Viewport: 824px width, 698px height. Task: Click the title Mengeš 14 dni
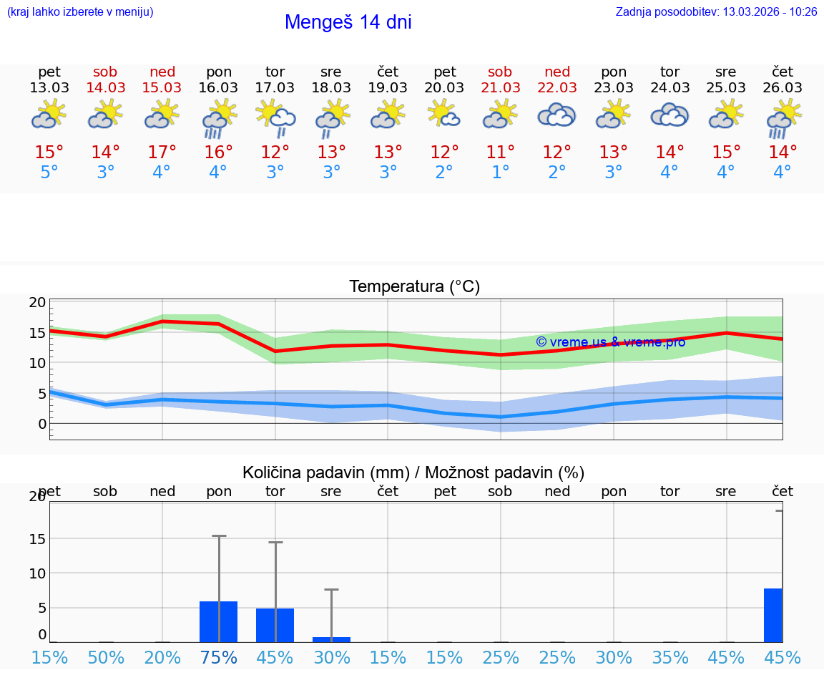tap(348, 22)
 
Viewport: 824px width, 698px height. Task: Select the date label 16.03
tap(218, 88)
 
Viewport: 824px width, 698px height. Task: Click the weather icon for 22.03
tap(556, 116)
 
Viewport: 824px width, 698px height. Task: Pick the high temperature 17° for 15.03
tap(162, 152)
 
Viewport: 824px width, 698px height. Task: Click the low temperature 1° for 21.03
tap(501, 173)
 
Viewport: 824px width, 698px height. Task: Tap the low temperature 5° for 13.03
tap(49, 173)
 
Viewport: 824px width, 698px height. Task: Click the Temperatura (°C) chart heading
tap(414, 287)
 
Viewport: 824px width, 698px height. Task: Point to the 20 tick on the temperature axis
tap(37, 302)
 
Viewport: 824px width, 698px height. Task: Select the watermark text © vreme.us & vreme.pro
tap(611, 342)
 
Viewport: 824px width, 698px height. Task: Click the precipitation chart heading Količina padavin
tap(413, 472)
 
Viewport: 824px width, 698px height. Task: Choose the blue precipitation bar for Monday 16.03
tap(218, 621)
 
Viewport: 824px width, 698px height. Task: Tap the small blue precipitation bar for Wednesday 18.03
tap(331, 639)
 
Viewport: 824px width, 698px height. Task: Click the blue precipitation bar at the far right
tap(772, 615)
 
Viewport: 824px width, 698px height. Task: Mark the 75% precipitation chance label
tap(218, 658)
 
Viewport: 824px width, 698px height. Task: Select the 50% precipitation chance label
tap(106, 658)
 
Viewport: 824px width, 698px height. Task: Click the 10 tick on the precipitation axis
tap(37, 573)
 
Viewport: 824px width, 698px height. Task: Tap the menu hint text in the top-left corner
tap(80, 12)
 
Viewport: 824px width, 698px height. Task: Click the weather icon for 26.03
tap(783, 117)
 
